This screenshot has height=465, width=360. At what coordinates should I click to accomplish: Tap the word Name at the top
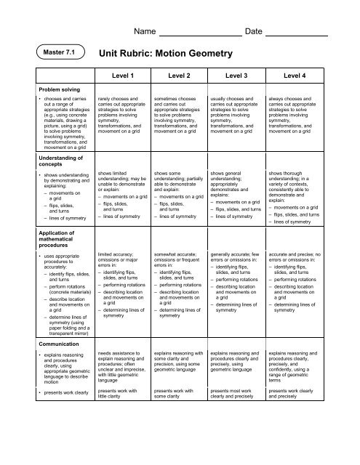[x=146, y=32]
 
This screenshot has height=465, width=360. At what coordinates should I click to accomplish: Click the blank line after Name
[x=200, y=35]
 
